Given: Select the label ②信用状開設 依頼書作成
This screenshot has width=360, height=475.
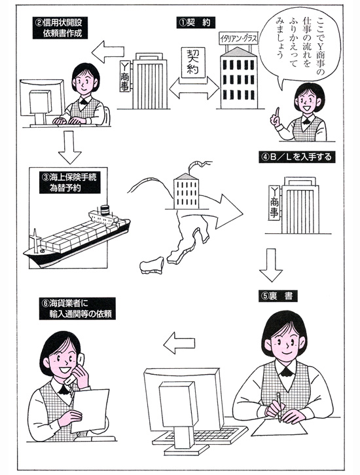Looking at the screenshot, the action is [x=60, y=28].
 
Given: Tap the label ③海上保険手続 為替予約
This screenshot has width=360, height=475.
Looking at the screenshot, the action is [x=69, y=183].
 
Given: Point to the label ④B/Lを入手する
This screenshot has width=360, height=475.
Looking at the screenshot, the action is [x=297, y=157].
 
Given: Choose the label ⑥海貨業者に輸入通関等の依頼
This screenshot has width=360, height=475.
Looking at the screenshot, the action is [x=77, y=309].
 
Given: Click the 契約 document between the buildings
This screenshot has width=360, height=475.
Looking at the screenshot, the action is [x=193, y=62].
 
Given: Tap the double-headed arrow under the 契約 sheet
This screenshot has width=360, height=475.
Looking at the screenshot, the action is [x=194, y=88].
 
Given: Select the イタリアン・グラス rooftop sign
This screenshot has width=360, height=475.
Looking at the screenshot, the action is [x=238, y=39].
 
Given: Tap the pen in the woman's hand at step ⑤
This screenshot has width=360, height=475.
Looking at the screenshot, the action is [x=279, y=407].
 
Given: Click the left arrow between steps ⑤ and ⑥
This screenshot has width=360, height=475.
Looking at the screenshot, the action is [x=179, y=343].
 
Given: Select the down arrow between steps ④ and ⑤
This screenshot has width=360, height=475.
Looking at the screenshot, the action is [x=271, y=265].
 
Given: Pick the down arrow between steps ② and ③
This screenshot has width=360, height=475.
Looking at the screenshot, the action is [x=69, y=147].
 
